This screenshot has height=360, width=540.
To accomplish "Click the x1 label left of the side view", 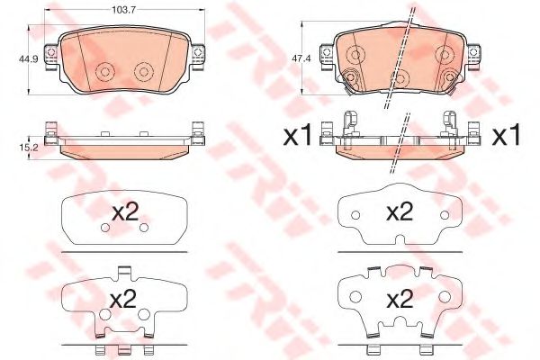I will coord(296,137).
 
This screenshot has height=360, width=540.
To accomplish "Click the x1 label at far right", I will coord(506,137).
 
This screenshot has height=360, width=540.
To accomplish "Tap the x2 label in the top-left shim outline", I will coord(125,213).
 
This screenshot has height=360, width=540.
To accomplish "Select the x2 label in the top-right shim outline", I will coord(400,212).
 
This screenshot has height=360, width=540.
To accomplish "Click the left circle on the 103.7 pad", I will coord(106,72).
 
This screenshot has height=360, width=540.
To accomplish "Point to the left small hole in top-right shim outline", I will coord(355,216).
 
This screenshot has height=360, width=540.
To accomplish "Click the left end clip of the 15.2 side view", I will coord(51,139).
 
